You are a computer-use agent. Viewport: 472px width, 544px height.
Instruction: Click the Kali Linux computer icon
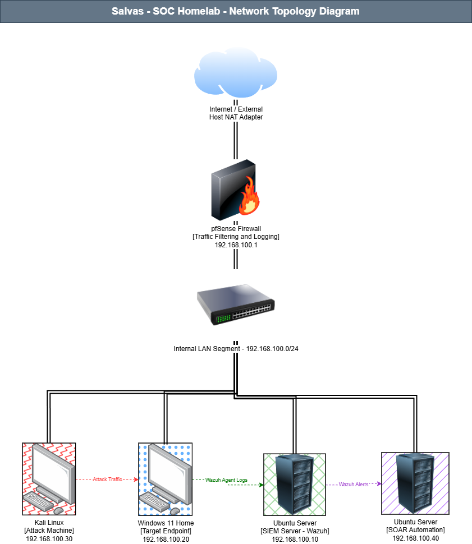coord(49,480)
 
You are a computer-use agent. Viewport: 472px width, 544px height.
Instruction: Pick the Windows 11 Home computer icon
coord(165,480)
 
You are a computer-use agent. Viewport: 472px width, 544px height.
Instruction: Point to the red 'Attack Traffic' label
coord(107,480)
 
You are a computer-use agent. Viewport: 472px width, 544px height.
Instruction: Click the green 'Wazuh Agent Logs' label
coord(227,480)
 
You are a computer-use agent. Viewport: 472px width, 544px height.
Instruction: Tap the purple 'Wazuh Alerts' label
coord(354,485)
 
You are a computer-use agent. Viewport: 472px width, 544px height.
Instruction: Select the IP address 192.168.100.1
coord(236,245)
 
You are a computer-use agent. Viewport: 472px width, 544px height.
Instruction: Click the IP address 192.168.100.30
coord(49,539)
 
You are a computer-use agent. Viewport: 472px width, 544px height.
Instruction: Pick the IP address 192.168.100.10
coord(295,539)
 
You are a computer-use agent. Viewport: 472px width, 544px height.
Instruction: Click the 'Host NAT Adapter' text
coord(236,117)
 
